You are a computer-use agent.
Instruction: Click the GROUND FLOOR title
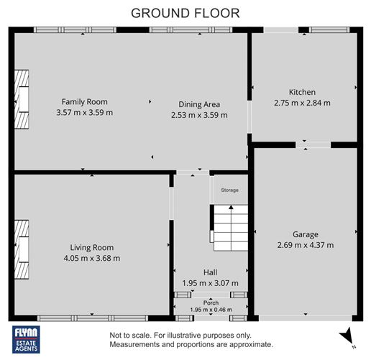tap(185, 13)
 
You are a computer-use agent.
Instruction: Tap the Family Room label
tap(84, 102)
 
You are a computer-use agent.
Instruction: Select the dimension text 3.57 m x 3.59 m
tap(84, 113)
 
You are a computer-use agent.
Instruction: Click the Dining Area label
tap(199, 103)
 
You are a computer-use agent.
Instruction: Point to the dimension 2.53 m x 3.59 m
tap(199, 114)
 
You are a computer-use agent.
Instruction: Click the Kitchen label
tap(302, 92)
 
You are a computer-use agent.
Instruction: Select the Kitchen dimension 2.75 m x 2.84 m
tap(302, 103)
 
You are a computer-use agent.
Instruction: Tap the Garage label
tap(305, 234)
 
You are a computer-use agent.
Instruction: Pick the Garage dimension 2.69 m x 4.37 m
tap(305, 245)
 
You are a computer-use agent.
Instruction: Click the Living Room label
tap(91, 247)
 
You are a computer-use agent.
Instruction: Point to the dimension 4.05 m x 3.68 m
tap(91, 258)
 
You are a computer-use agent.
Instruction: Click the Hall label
tap(210, 272)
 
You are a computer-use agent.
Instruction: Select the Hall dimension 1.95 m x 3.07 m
tap(210, 283)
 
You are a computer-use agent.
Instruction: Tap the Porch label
tap(210, 303)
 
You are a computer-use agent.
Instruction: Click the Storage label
tap(229, 190)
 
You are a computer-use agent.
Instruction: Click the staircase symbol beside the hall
tap(228, 227)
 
